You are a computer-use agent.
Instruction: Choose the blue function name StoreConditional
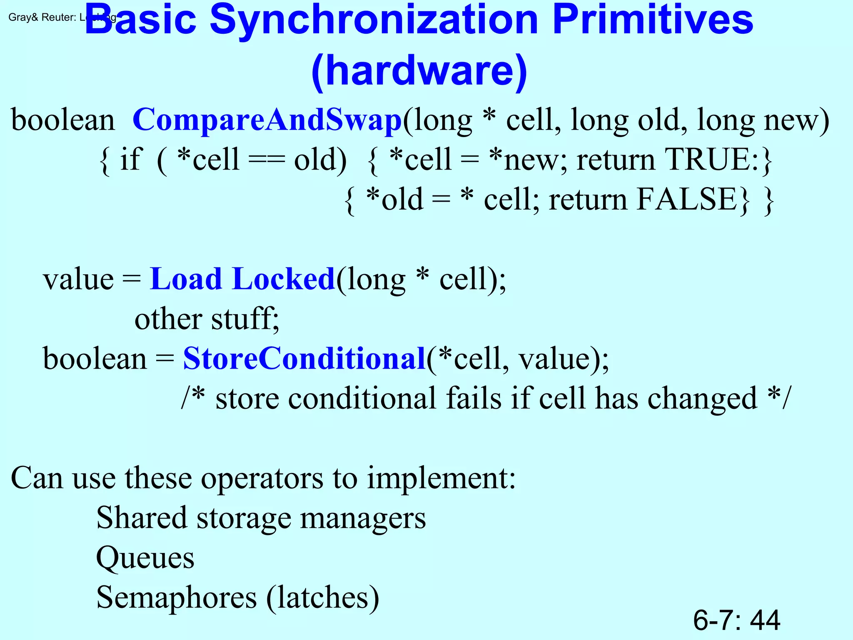click(304, 358)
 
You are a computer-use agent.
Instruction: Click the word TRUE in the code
click(708, 160)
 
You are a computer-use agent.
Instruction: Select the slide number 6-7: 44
click(736, 620)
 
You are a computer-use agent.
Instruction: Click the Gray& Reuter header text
click(42, 17)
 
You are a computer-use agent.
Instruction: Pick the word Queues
click(145, 557)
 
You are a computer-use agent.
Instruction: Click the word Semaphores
click(177, 597)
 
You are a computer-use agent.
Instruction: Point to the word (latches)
click(323, 597)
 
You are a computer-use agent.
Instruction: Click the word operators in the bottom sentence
click(262, 478)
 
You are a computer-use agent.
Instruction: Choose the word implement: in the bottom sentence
click(441, 478)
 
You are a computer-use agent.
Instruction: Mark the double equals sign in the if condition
click(267, 160)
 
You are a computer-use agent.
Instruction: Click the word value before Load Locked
click(78, 279)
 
